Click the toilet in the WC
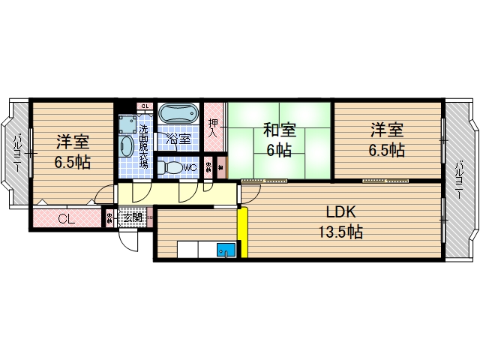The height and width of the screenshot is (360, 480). (172, 168)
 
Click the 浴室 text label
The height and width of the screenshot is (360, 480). (178, 139)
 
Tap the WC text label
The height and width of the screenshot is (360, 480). (190, 168)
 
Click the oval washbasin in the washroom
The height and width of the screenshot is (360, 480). (125, 145)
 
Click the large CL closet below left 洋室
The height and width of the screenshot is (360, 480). (66, 219)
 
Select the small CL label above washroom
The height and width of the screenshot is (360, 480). (145, 106)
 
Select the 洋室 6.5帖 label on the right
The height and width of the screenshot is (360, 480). (386, 139)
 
